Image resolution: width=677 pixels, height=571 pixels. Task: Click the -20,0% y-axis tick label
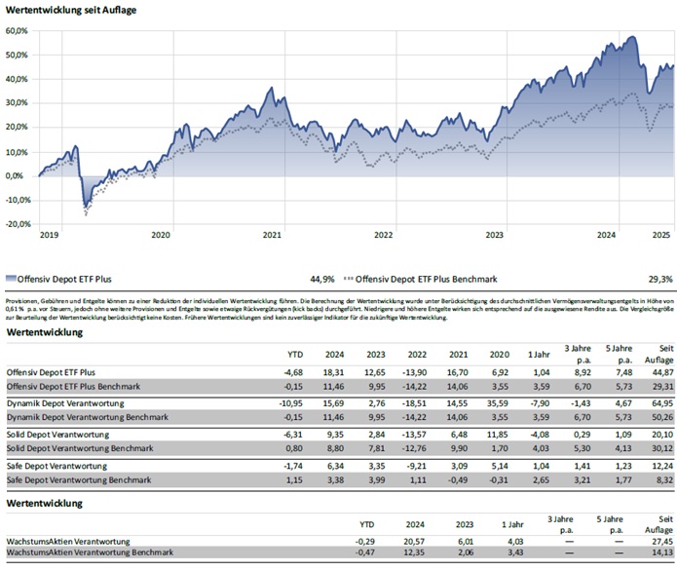17,223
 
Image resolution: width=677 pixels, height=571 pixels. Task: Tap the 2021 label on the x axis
273,235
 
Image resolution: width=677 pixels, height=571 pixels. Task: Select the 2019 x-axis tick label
50,235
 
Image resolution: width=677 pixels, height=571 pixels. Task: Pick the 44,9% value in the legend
322,277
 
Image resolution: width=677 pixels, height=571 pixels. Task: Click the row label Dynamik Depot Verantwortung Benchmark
86,417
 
